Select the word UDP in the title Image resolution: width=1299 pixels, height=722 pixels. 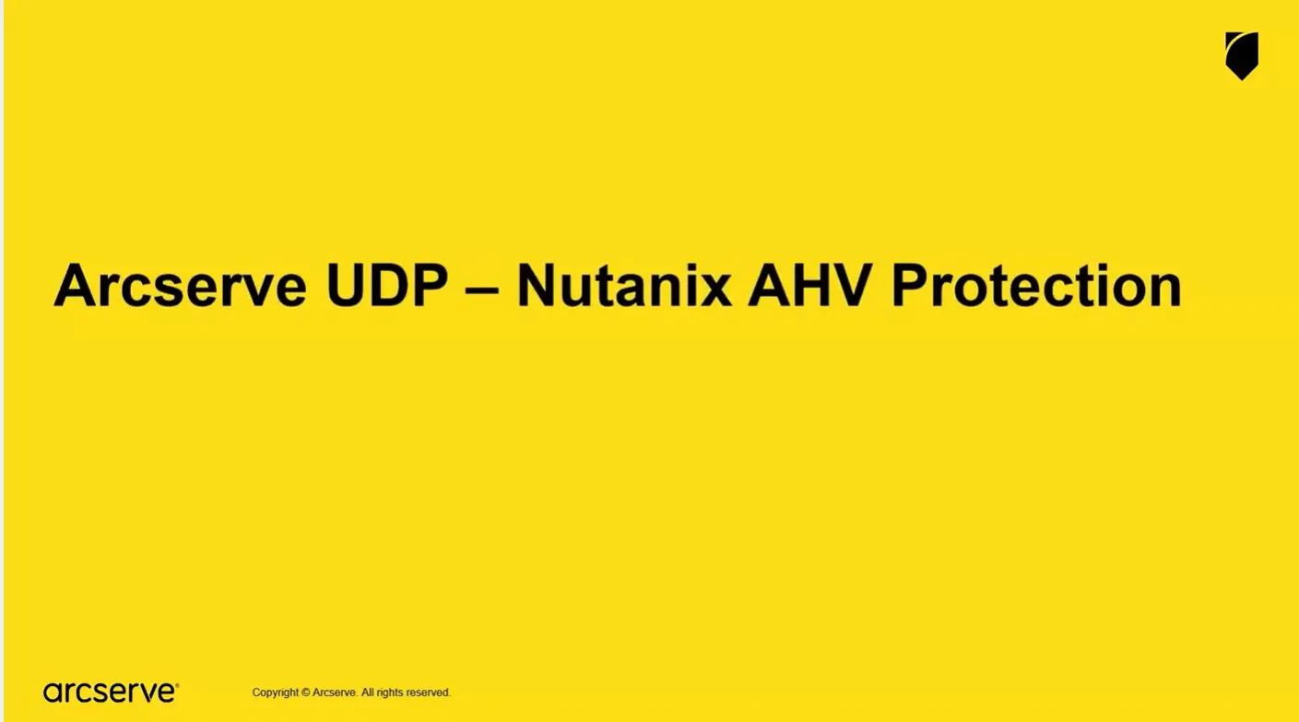(x=387, y=285)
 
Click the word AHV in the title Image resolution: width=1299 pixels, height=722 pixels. (x=810, y=285)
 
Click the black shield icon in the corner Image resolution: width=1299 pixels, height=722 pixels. (x=1242, y=55)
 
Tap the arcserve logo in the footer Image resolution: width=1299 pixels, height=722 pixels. (x=111, y=692)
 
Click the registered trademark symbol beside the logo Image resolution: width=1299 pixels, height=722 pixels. (x=177, y=685)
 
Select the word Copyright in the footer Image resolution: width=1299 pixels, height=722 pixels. (x=275, y=692)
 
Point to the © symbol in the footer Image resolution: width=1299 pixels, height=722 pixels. (x=305, y=692)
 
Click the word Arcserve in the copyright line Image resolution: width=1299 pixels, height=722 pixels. (x=334, y=692)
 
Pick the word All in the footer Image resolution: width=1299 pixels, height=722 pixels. (x=367, y=692)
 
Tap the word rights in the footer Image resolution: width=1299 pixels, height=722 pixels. (x=389, y=692)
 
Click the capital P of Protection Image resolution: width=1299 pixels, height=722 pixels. (x=909, y=285)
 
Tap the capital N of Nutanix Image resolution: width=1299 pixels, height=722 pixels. (x=536, y=285)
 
